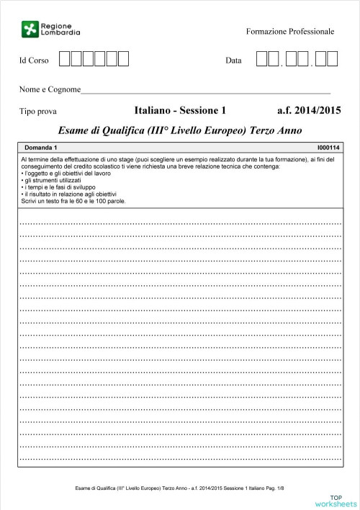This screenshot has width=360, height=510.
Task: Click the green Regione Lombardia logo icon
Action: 29,30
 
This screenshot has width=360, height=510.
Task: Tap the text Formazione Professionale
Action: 290,32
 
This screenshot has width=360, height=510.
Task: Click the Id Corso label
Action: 34,61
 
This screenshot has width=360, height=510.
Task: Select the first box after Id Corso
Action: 65,59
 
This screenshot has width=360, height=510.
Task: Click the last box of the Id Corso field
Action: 123,59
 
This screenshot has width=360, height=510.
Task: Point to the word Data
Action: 233,61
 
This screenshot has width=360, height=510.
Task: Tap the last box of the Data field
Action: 332,59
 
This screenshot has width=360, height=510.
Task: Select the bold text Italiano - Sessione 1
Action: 180,111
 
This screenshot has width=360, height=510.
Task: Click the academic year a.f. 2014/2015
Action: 308,111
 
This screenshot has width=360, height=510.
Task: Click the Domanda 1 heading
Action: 40,148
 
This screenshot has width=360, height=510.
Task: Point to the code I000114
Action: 328,148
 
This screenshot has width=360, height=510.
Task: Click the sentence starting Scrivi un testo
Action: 73,201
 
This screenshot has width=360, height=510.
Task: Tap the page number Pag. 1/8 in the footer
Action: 274,488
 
